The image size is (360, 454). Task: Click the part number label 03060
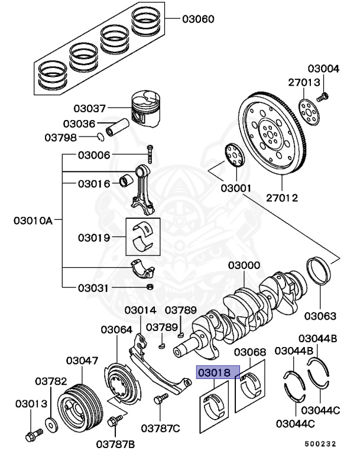pos(198,20)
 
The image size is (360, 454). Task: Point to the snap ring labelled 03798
pos(101,138)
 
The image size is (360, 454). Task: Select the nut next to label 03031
pos(150,287)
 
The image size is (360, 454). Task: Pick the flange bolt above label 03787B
pos(115,421)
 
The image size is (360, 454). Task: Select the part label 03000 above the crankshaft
pos(244,266)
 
